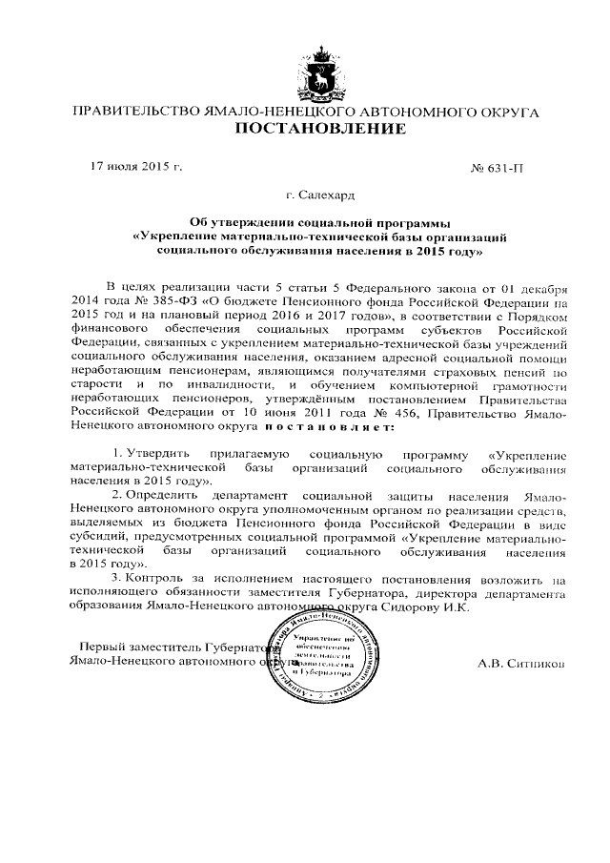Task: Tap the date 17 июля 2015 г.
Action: point(134,166)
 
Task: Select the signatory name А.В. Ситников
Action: point(523,661)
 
